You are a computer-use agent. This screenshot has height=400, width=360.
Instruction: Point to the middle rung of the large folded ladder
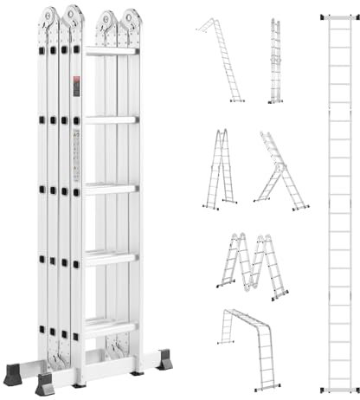(x=111, y=186)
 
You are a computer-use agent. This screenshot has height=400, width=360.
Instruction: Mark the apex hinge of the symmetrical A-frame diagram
(x=222, y=132)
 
